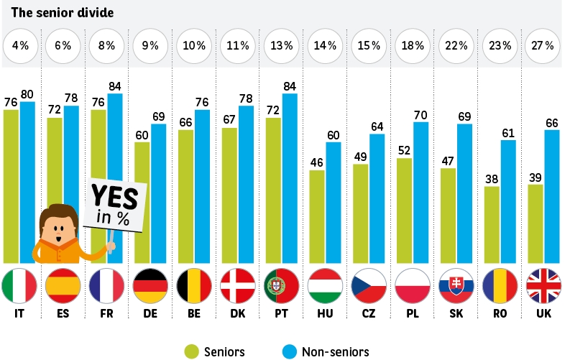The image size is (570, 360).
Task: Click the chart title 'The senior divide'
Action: tap(52, 13)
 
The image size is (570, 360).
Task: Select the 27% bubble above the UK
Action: tap(543, 45)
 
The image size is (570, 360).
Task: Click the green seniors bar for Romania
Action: tap(492, 224)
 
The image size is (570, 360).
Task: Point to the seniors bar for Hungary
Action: tap(317, 216)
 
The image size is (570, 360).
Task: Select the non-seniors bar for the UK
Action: tap(552, 195)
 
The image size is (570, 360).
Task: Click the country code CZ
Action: tap(369, 314)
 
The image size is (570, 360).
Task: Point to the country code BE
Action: tap(194, 314)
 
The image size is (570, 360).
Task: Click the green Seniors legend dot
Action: tap(191, 351)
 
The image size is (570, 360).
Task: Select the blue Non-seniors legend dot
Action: tap(290, 351)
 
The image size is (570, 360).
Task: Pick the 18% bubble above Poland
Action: tap(413, 45)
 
